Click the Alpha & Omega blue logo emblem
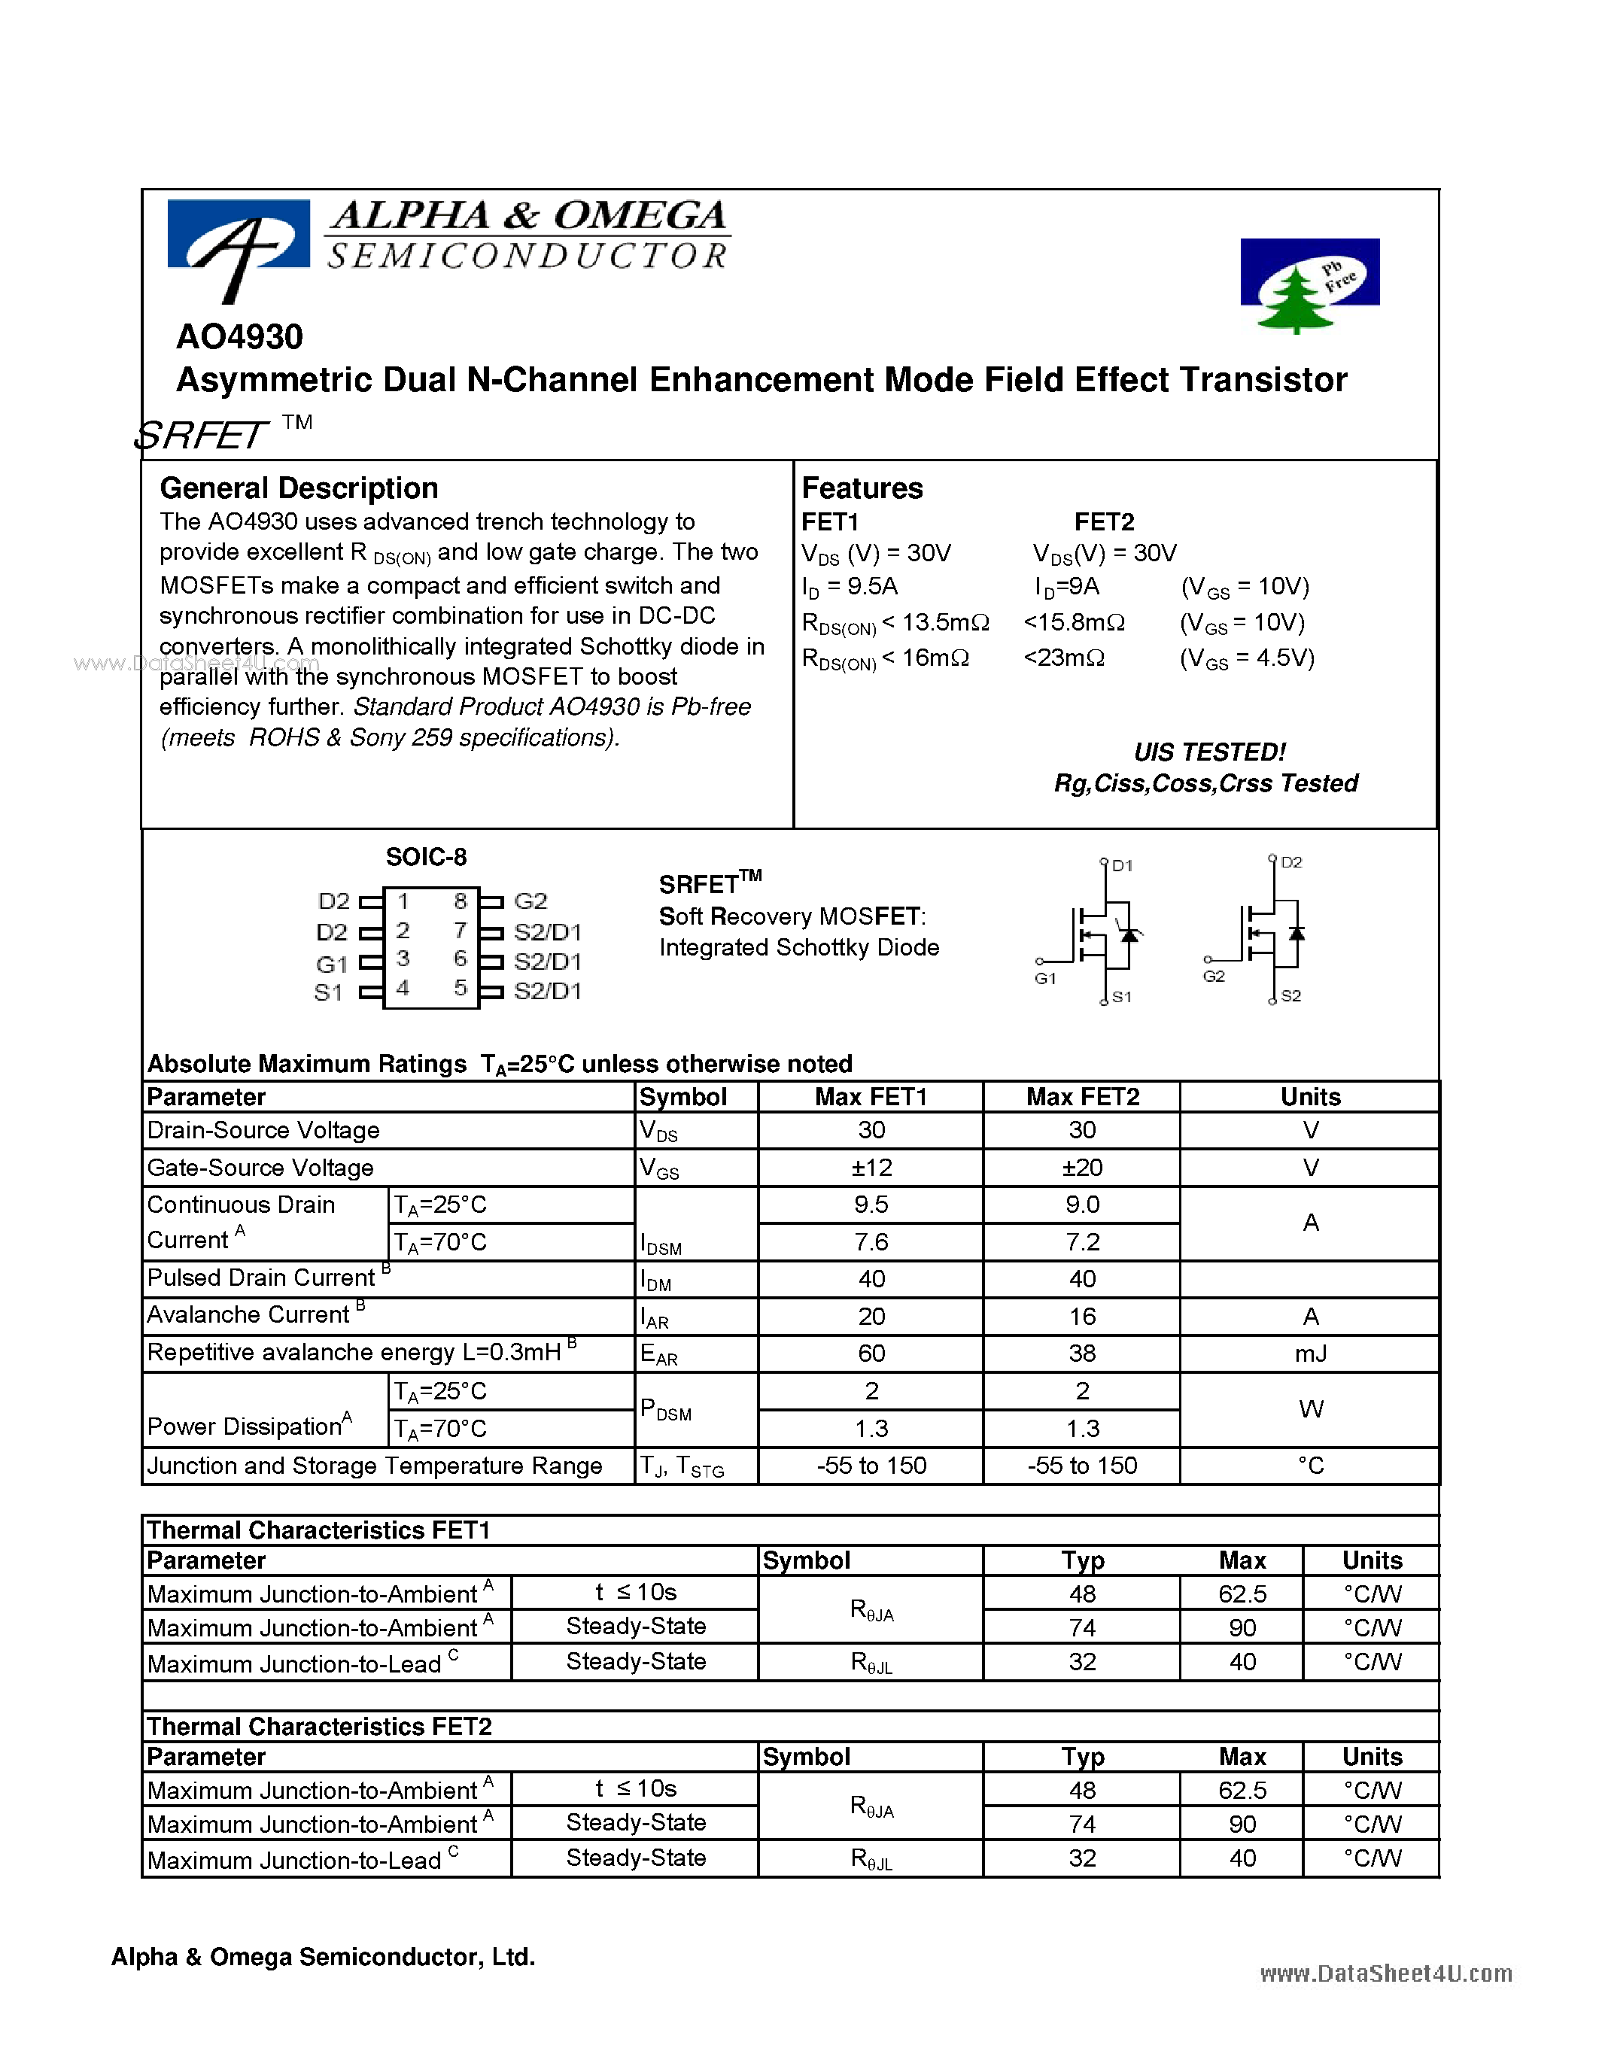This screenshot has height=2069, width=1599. click(x=239, y=241)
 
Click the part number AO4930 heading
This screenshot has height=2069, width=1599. click(x=239, y=336)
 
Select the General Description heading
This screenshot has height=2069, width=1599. click(x=299, y=488)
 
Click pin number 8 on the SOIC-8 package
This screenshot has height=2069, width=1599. click(x=461, y=901)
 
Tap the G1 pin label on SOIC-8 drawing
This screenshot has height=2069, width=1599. click(x=332, y=965)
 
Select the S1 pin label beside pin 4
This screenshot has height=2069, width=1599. click(x=328, y=993)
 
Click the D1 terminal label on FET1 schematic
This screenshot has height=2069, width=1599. click(x=1122, y=865)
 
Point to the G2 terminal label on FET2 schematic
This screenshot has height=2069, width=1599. click(x=1214, y=977)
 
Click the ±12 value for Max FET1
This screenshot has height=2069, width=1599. click(x=871, y=1167)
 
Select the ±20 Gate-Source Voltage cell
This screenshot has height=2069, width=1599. click(x=1082, y=1167)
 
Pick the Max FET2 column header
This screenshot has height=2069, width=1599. click(x=1082, y=1097)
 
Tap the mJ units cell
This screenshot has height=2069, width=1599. click(x=1310, y=1354)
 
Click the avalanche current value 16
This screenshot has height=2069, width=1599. click(x=1082, y=1317)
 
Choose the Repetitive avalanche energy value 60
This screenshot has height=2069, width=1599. click(x=871, y=1354)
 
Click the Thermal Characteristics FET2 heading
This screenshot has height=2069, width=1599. click(x=319, y=1726)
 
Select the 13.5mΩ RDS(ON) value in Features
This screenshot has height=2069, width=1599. click(x=945, y=622)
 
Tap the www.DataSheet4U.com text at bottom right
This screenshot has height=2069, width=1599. click(x=1385, y=1973)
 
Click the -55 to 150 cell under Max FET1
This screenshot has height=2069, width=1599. click(x=871, y=1466)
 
